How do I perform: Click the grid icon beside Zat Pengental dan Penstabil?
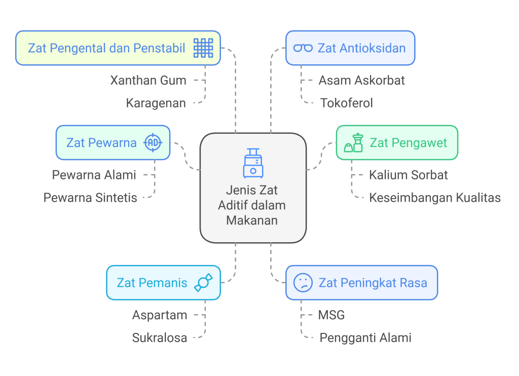(x=204, y=48)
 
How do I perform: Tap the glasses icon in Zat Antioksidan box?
(x=303, y=48)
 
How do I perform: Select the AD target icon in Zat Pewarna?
(x=153, y=143)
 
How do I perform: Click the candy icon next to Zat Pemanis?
(x=203, y=283)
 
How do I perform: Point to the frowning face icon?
(x=303, y=283)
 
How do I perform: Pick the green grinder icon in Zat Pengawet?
(x=354, y=142)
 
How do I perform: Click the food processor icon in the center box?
(x=253, y=163)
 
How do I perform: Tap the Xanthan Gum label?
(x=148, y=80)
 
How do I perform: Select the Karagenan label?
(x=156, y=103)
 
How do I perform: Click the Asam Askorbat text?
(x=361, y=80)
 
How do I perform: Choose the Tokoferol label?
(x=346, y=103)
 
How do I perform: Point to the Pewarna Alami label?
(x=94, y=175)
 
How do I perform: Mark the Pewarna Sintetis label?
(x=90, y=197)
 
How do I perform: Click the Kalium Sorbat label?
(x=408, y=175)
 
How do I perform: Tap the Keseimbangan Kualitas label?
(x=434, y=197)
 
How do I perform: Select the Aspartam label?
(x=160, y=315)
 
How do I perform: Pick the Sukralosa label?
(x=160, y=337)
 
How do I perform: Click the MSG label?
(x=331, y=315)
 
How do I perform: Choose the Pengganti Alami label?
(x=365, y=337)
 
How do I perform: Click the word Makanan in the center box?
(x=252, y=220)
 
